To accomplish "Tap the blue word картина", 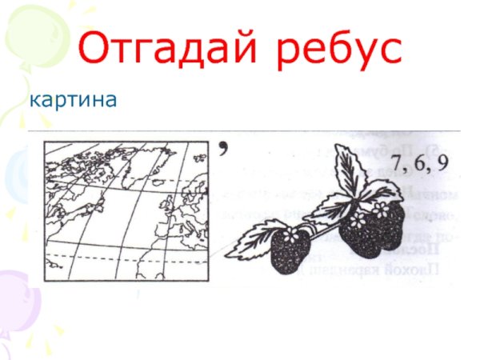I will pos(73,101).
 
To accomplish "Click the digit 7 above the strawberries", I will pos(398,166).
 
